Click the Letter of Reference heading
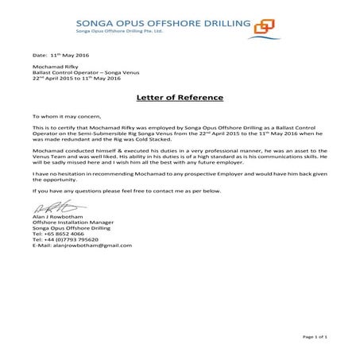179,97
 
